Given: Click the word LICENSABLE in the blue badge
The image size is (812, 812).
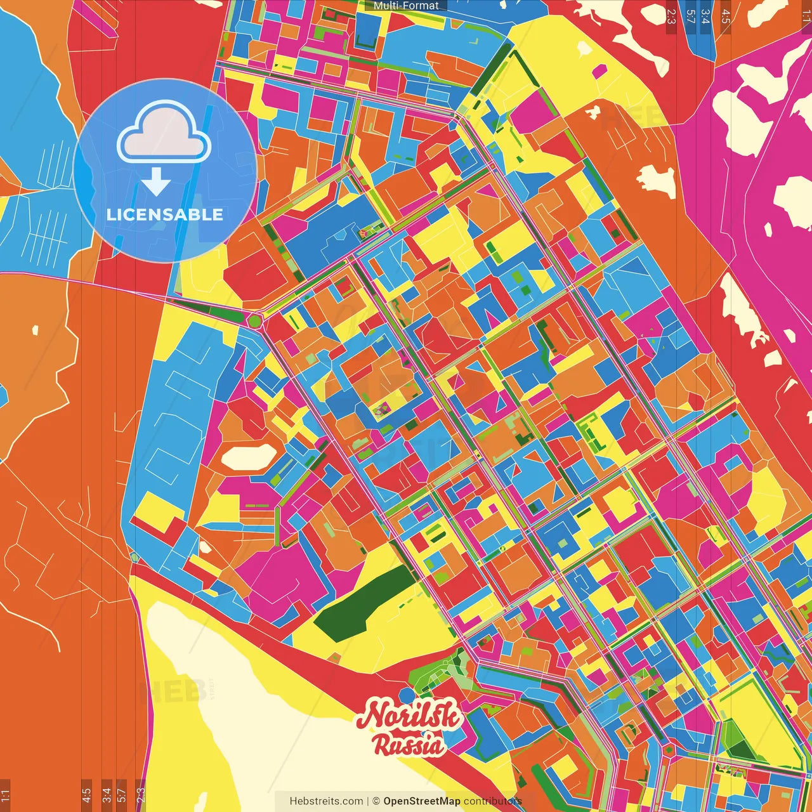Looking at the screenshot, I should click(x=165, y=214).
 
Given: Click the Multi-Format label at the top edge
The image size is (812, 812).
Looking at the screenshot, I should click(x=406, y=6).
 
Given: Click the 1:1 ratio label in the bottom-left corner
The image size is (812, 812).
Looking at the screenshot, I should click(x=5, y=795).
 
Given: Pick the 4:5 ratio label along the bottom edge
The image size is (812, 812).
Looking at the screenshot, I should click(x=86, y=795).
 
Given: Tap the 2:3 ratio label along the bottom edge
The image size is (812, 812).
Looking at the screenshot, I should click(x=140, y=795).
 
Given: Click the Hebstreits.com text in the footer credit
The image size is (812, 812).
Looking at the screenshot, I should click(x=326, y=801).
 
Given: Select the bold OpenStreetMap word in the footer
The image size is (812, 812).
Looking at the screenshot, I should click(x=422, y=801).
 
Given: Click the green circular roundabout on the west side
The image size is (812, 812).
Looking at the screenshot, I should click(x=255, y=321).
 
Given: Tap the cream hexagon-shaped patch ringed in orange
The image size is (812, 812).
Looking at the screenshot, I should click(x=249, y=457).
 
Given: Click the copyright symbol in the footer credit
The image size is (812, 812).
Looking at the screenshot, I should click(x=376, y=801).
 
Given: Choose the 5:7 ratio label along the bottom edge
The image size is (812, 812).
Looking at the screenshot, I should click(x=122, y=795).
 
